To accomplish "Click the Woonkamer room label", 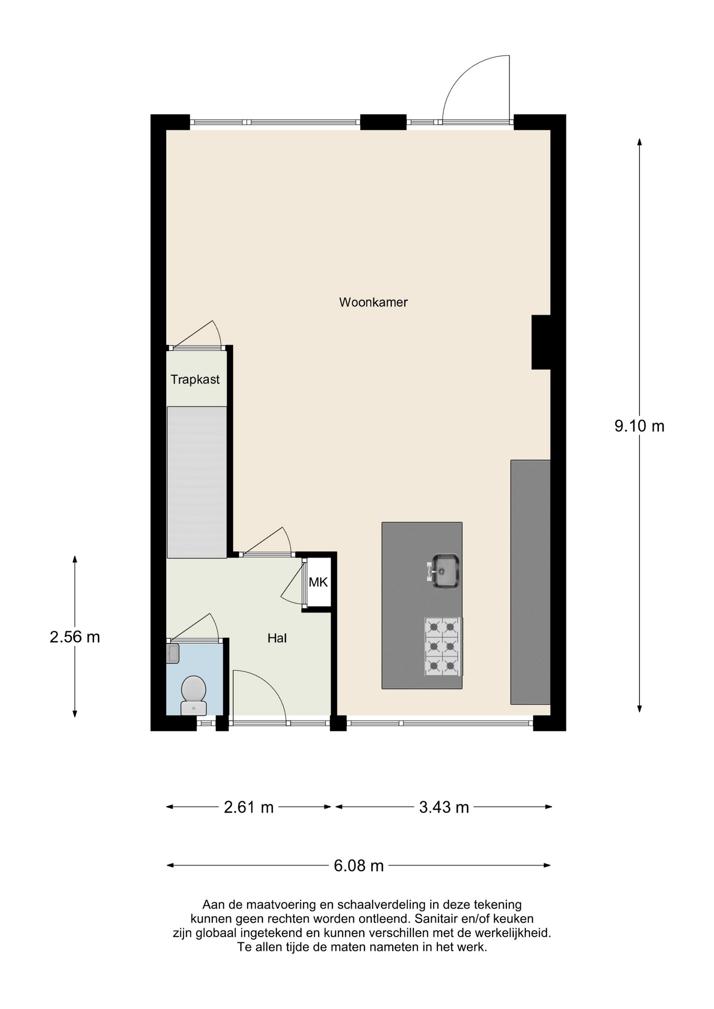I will pos(373,302).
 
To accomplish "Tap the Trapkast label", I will pos(195,379).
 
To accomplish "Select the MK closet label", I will pos(318,582).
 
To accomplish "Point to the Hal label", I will pos(277,639).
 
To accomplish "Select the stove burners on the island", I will pos(443,646).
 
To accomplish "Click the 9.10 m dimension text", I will pos(639,426).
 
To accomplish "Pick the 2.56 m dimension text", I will pos(75,637).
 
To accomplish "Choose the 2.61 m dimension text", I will pos(249,807).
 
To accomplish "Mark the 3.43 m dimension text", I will pos(444,807).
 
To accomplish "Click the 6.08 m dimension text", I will pos(359,866).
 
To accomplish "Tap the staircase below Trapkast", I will pos(197,482).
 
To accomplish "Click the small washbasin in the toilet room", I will pos(173,653).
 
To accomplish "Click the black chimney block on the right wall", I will pos(541,342).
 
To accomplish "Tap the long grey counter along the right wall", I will pos(530,582).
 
